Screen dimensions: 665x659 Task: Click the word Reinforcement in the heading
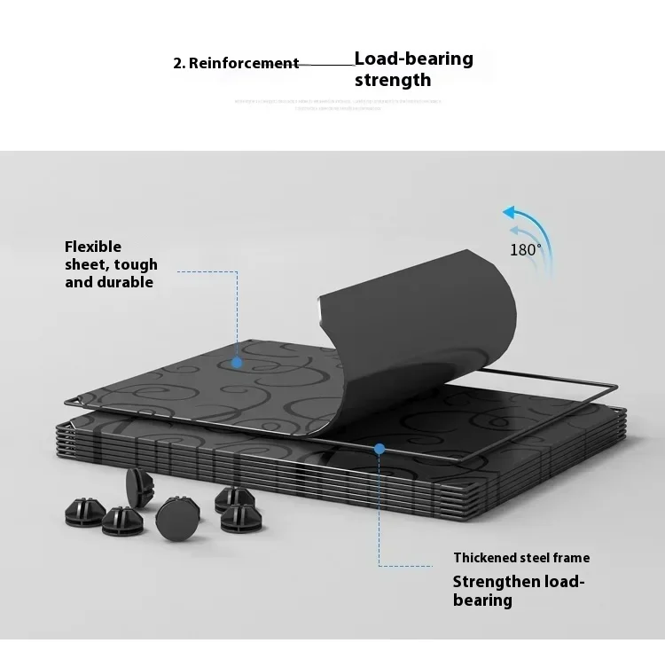click(x=243, y=63)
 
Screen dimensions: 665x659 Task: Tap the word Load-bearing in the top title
click(x=413, y=59)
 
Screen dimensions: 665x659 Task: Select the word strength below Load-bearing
click(x=393, y=81)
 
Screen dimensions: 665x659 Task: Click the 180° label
click(x=525, y=250)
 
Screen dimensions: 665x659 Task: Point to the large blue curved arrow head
click(x=510, y=213)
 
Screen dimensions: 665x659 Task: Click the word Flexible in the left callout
click(x=93, y=247)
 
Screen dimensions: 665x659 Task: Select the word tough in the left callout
click(x=137, y=264)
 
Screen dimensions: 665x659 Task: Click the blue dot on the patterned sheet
click(x=237, y=362)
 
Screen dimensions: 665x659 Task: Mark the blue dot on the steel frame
click(x=379, y=449)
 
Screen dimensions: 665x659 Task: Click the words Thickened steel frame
click(x=521, y=558)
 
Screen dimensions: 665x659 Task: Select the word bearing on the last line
click(x=482, y=600)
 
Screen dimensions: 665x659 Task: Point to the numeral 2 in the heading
click(x=177, y=63)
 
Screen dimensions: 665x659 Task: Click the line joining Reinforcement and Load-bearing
click(x=326, y=64)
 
